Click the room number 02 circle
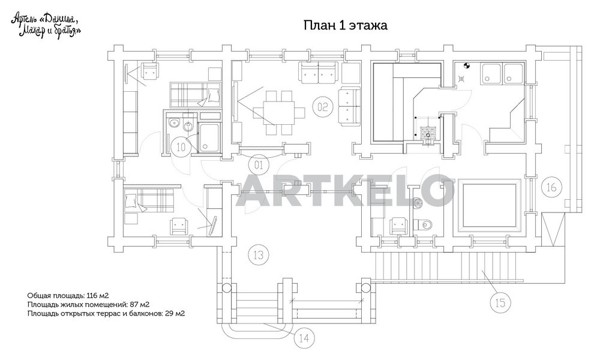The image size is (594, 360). point(322,107)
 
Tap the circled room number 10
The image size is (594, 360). point(181,147)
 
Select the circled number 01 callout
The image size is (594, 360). point(259,165)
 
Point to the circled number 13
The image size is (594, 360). point(258,254)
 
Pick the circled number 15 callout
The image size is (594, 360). point(500,302)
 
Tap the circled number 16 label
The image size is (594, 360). point(551,187)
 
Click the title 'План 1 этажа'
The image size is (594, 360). point(346,25)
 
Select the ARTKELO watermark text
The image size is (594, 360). point(345,191)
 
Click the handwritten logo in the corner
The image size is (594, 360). point(46,25)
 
